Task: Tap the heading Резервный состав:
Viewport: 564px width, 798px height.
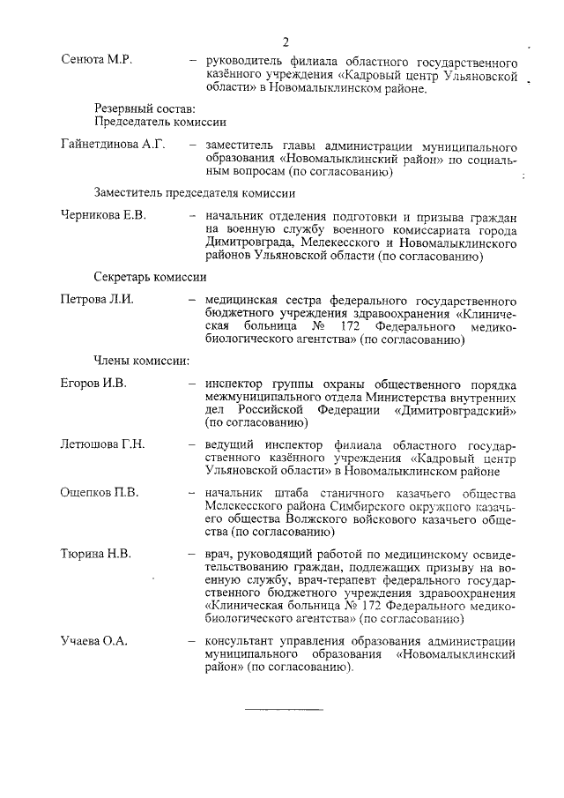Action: point(132,106)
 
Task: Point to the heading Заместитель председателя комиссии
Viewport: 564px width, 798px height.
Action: point(194,192)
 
